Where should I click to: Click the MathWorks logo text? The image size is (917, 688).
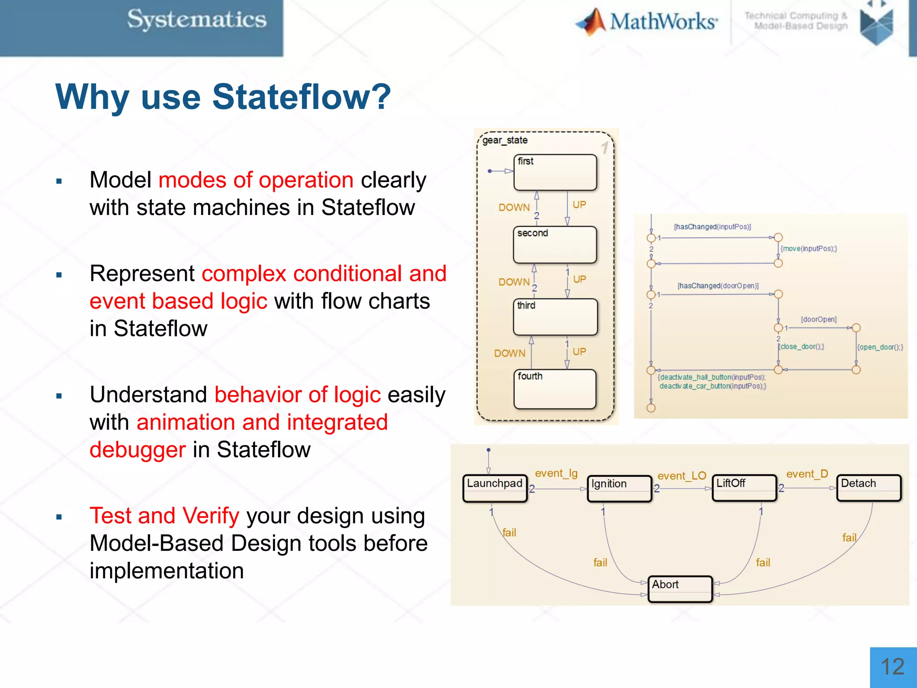pyautogui.click(x=663, y=21)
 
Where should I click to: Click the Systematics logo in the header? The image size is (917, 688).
pyautogui.click(x=197, y=20)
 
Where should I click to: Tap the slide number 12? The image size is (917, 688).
pyautogui.click(x=892, y=666)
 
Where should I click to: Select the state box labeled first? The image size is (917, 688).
pyautogui.click(x=555, y=172)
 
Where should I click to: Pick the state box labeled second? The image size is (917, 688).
pyautogui.click(x=555, y=245)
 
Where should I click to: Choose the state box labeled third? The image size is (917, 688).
pyautogui.click(x=555, y=317)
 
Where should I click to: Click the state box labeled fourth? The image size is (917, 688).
pyautogui.click(x=555, y=389)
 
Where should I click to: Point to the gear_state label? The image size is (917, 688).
pyautogui.click(x=505, y=140)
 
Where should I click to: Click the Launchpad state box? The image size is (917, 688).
pyautogui.click(x=495, y=488)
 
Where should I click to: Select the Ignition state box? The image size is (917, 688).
pyautogui.click(x=619, y=488)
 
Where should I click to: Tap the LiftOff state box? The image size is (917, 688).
pyautogui.click(x=744, y=488)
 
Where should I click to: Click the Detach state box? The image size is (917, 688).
pyautogui.click(x=869, y=488)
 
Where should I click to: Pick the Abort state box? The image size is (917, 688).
pyautogui.click(x=680, y=589)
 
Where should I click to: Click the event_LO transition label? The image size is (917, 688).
pyautogui.click(x=681, y=476)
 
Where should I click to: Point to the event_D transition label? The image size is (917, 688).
pyautogui.click(x=807, y=474)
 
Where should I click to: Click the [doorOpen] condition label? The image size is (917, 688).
pyautogui.click(x=818, y=319)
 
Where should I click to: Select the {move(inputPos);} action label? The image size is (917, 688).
pyautogui.click(x=809, y=249)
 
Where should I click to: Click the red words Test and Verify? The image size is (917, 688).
pyautogui.click(x=164, y=516)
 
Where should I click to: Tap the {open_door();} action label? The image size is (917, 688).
pyautogui.click(x=880, y=347)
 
